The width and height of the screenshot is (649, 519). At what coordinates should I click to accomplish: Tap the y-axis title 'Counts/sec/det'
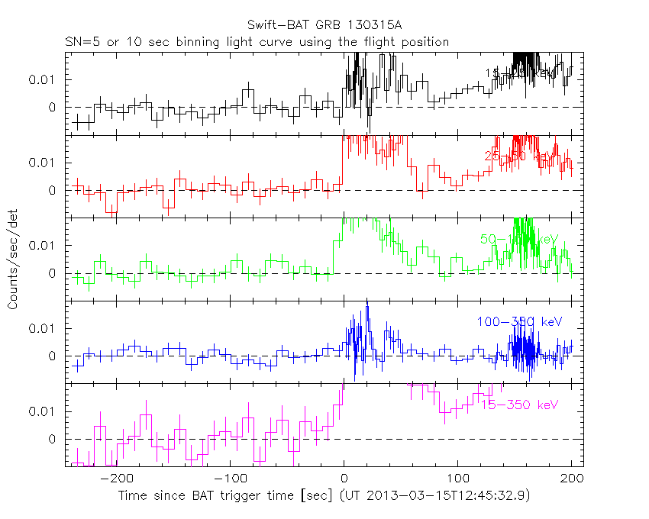13,261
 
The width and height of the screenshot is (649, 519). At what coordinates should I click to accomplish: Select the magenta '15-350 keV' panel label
519,405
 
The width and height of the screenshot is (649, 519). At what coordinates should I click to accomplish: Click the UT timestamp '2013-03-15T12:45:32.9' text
463,495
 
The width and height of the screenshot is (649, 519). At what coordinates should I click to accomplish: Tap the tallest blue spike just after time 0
367,308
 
